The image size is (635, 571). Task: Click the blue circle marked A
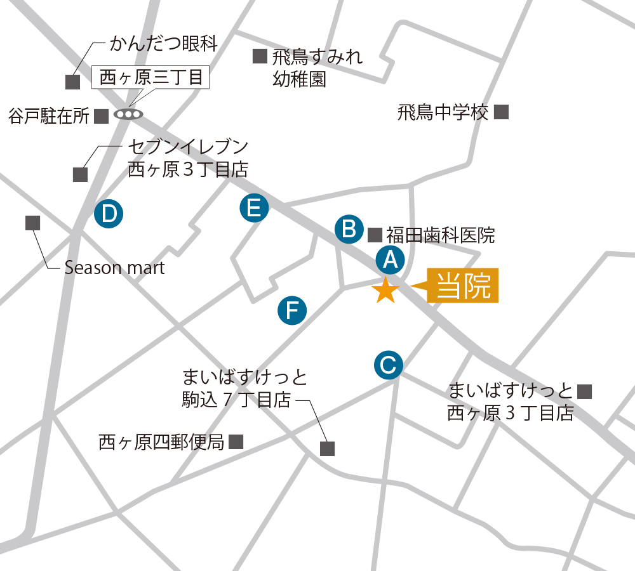[390, 259]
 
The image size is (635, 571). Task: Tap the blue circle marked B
[349, 229]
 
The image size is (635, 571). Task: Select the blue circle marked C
[388, 365]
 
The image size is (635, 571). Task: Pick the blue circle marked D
[109, 213]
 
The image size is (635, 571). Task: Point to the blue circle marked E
[254, 208]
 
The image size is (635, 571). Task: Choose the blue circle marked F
[293, 310]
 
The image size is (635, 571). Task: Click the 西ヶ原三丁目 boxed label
[151, 78]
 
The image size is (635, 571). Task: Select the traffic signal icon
[128, 115]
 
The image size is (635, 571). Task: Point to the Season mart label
[114, 268]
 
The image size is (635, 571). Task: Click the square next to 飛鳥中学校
[502, 112]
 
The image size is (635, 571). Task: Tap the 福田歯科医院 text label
[440, 235]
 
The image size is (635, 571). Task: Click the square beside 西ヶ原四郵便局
[236, 442]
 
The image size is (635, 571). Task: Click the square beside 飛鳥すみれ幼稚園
[260, 56]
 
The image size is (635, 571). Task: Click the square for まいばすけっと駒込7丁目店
[327, 449]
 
